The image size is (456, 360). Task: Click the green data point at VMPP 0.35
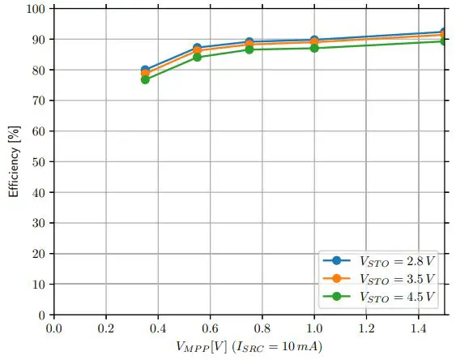pyautogui.click(x=145, y=79)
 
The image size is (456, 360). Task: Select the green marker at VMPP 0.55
pyautogui.click(x=197, y=57)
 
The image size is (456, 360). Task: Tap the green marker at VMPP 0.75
pyautogui.click(x=249, y=49)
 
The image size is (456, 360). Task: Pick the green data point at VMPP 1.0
pyautogui.click(x=314, y=48)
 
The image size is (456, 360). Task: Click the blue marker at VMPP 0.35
pyautogui.click(x=145, y=70)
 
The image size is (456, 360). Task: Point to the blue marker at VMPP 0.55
pyautogui.click(x=197, y=48)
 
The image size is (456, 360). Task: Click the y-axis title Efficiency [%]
pyautogui.click(x=13, y=162)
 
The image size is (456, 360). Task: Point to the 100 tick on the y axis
pyautogui.click(x=37, y=8)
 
